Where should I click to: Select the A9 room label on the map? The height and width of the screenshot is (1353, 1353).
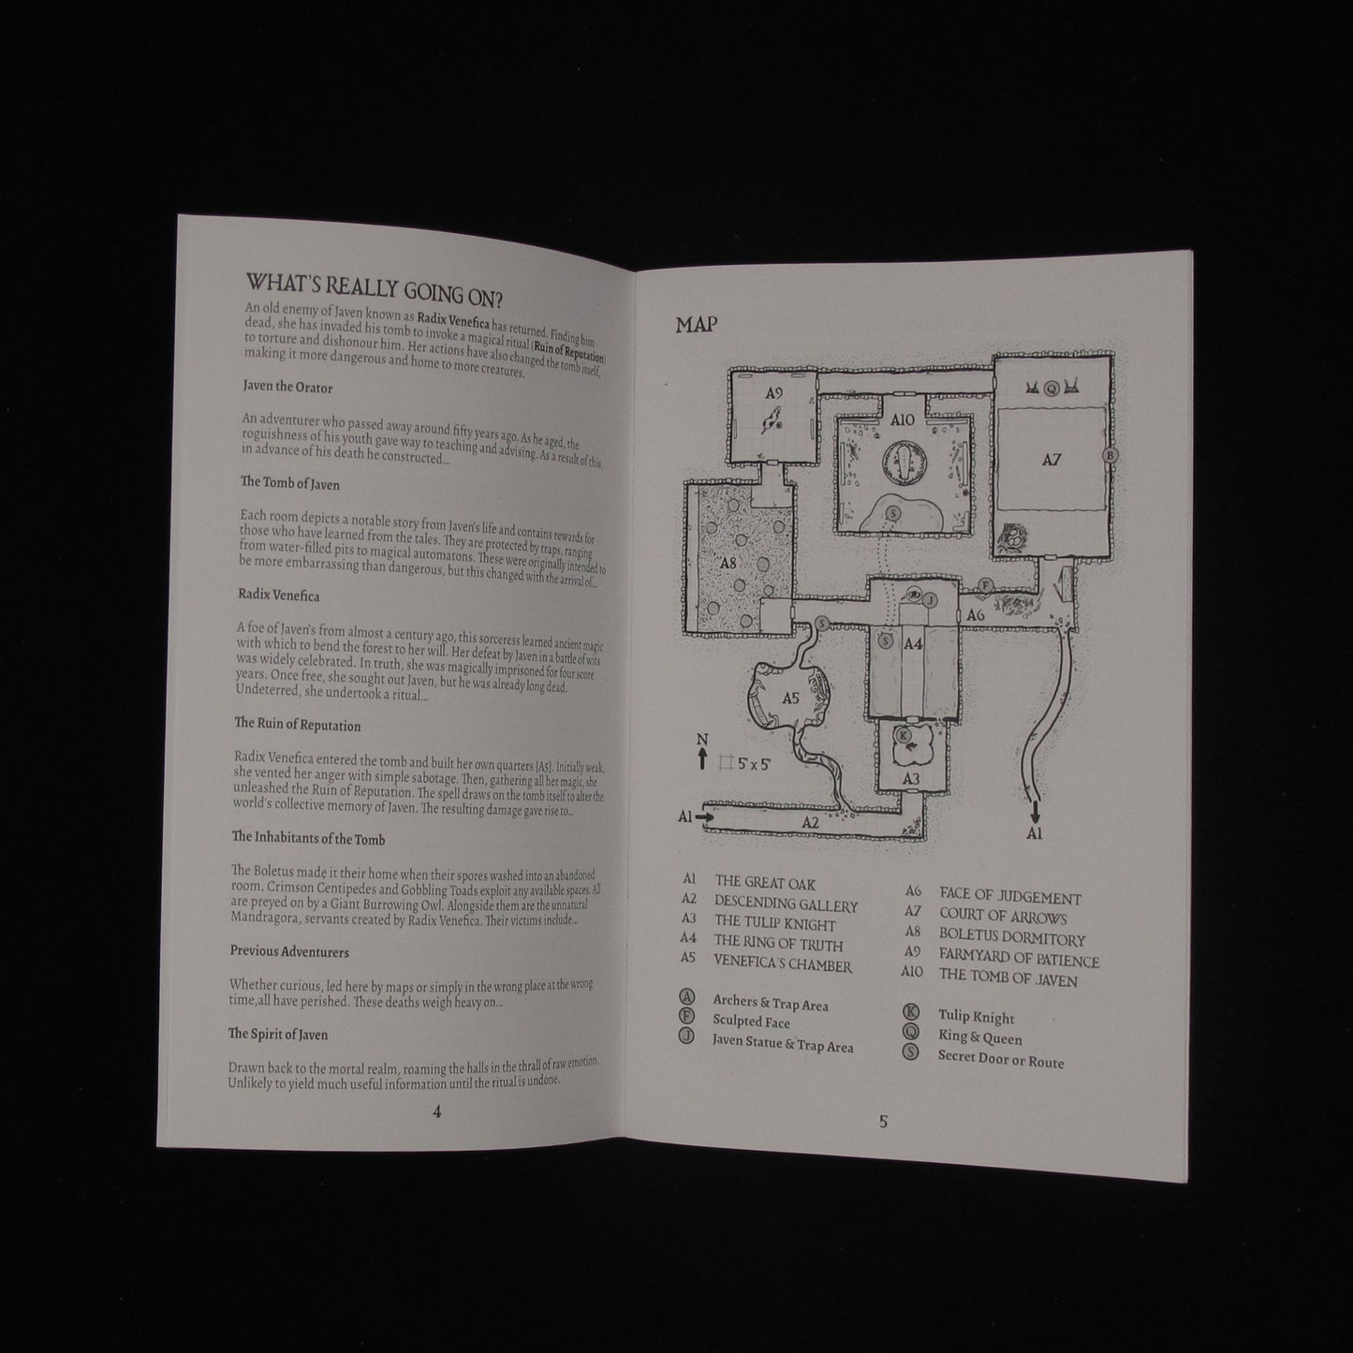tap(773, 393)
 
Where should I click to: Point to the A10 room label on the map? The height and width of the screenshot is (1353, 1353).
tap(903, 419)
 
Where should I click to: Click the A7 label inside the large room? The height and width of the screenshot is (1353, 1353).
tap(1052, 460)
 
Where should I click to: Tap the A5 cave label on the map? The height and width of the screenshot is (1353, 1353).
tap(790, 698)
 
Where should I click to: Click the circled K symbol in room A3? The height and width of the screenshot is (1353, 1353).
tap(904, 734)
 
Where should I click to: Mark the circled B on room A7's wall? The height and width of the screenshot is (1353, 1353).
tap(1110, 455)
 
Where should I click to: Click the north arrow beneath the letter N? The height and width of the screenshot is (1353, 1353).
tap(701, 759)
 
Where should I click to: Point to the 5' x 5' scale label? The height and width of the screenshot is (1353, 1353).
tap(755, 763)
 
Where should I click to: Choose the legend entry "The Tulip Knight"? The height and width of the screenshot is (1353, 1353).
tap(775, 924)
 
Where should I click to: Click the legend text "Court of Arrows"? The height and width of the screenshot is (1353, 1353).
tap(1004, 916)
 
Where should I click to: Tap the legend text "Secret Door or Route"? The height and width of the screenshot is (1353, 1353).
tap(1001, 1058)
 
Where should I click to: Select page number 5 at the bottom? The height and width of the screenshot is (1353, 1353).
tap(883, 1122)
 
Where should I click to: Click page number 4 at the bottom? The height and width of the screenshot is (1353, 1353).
tap(436, 1111)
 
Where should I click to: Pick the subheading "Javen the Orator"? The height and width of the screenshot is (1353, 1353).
tap(287, 387)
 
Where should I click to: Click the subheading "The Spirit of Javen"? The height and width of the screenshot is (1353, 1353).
tap(277, 1034)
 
